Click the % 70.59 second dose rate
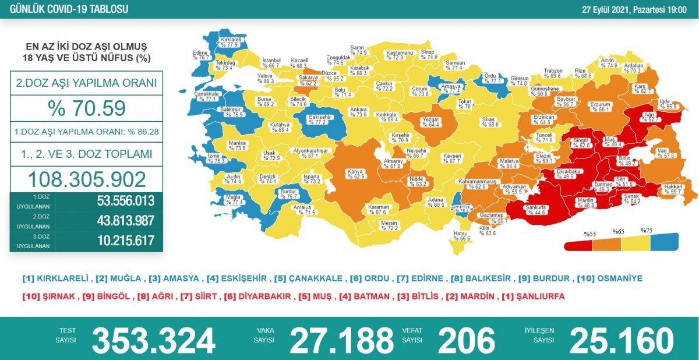86,108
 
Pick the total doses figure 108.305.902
86,179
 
